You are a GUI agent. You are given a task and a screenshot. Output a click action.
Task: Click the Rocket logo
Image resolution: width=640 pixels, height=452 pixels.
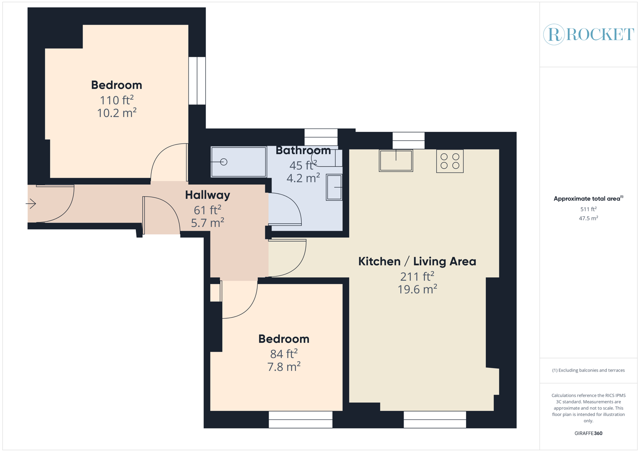(588, 34)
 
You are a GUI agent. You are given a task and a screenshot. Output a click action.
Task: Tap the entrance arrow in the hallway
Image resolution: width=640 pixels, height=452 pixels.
(31, 204)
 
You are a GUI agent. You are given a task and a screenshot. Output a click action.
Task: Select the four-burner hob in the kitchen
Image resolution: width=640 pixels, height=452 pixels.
(450, 161)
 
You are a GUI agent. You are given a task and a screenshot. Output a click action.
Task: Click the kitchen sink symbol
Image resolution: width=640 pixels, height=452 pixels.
(396, 161)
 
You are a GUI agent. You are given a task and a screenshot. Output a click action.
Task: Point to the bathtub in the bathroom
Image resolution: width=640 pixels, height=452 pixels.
(238, 162)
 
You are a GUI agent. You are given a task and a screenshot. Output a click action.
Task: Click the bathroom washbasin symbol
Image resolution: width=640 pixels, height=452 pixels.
(334, 187)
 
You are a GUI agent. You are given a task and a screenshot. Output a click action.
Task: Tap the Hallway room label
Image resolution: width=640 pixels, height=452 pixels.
(207, 195)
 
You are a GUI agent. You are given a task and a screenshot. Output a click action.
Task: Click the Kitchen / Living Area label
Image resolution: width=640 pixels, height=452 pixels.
(417, 262)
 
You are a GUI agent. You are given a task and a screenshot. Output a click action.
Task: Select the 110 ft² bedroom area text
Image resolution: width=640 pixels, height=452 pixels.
(117, 100)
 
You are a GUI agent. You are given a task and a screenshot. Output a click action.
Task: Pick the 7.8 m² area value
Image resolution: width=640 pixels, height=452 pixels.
(284, 367)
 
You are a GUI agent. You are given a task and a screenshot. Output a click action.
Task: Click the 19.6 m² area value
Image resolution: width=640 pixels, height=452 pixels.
(417, 289)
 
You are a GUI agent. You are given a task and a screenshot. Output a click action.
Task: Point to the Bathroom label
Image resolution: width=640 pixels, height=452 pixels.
(303, 150)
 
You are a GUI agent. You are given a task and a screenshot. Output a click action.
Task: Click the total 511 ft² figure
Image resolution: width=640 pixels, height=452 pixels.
(588, 209)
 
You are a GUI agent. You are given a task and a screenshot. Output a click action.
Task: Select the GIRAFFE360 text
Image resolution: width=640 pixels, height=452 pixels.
(588, 433)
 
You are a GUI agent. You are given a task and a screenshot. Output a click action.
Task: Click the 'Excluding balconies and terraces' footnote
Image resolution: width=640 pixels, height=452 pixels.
(588, 370)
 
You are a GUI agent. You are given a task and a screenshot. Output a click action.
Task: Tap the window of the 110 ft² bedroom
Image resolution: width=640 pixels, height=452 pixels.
(197, 81)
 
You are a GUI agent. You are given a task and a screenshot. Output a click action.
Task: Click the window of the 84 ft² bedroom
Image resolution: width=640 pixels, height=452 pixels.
(301, 419)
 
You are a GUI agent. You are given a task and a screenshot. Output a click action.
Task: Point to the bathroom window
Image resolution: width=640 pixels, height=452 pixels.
(321, 137)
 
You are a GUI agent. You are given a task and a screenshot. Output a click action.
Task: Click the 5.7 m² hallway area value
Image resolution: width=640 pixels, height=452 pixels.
(207, 223)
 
